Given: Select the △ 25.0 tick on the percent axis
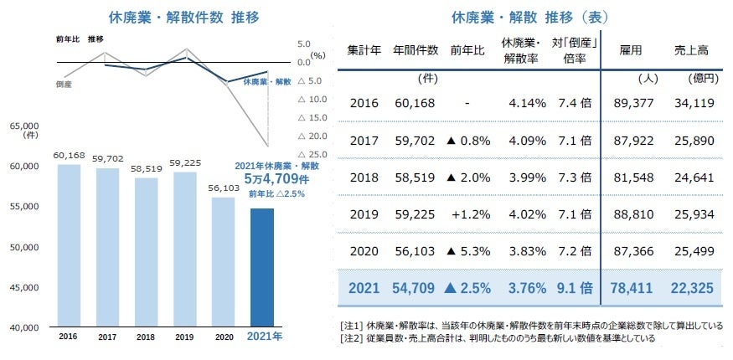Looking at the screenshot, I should (x=312, y=154).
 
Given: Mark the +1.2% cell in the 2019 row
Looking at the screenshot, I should (x=467, y=213).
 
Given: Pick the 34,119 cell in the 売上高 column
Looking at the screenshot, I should (x=692, y=103).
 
